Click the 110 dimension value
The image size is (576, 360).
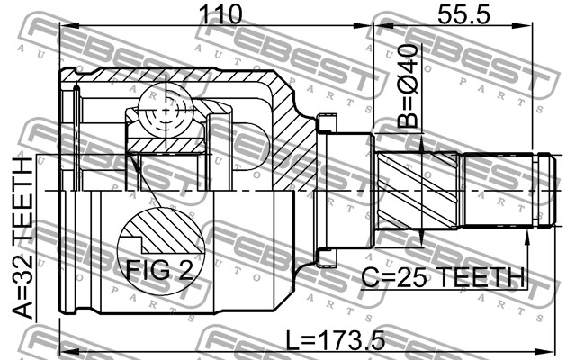220,14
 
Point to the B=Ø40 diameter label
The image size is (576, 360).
409,86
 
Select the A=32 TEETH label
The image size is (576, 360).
22,238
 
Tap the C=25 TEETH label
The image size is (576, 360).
443,277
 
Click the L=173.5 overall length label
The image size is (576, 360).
336,340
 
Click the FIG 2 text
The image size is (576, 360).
159,271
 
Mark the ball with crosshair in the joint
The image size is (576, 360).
166,110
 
